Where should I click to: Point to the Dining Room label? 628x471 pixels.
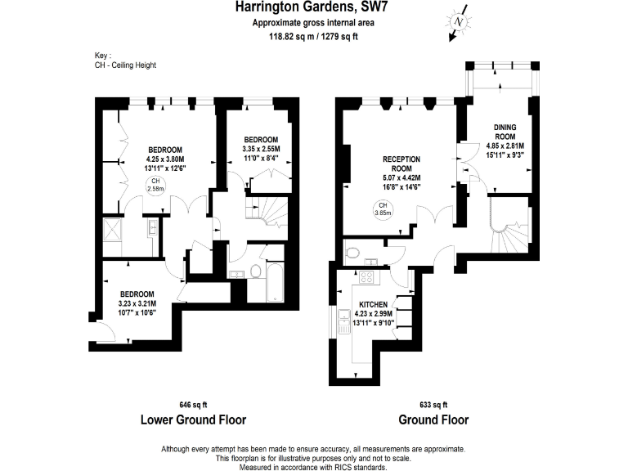[504, 132]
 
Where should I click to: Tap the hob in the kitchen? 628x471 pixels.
[367, 276]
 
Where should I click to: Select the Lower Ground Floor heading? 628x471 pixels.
[193, 420]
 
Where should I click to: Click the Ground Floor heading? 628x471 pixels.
[433, 420]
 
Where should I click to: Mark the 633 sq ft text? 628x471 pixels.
[433, 404]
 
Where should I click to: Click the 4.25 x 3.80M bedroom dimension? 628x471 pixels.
[164, 159]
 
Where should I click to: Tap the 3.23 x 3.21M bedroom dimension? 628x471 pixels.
[138, 303]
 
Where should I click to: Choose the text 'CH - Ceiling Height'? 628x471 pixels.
[125, 65]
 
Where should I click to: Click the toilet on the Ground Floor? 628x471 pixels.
[353, 252]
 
